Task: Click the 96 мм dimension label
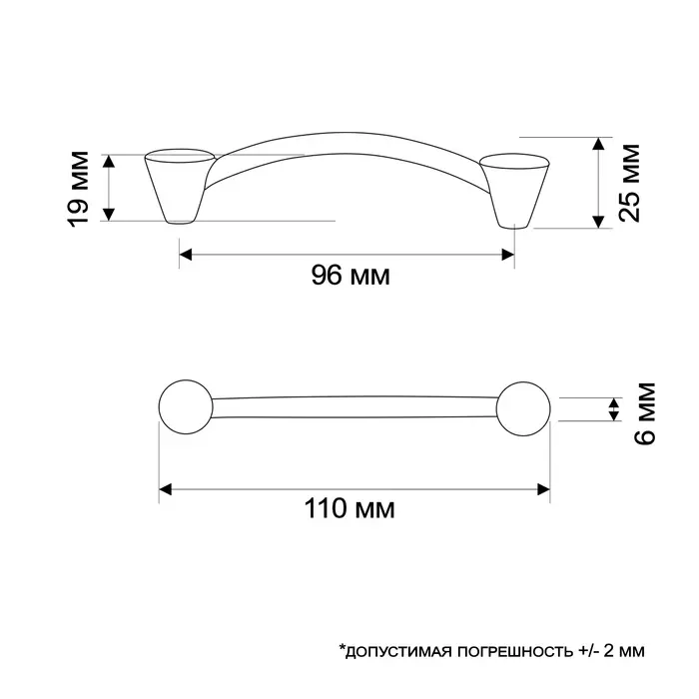(x=349, y=277)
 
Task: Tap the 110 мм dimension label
(x=349, y=510)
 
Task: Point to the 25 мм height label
(x=628, y=183)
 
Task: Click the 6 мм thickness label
(x=644, y=412)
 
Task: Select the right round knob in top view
(x=524, y=408)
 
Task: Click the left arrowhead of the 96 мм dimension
(x=186, y=255)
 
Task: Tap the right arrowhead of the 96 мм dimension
(x=508, y=255)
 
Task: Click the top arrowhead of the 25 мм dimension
(x=598, y=144)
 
